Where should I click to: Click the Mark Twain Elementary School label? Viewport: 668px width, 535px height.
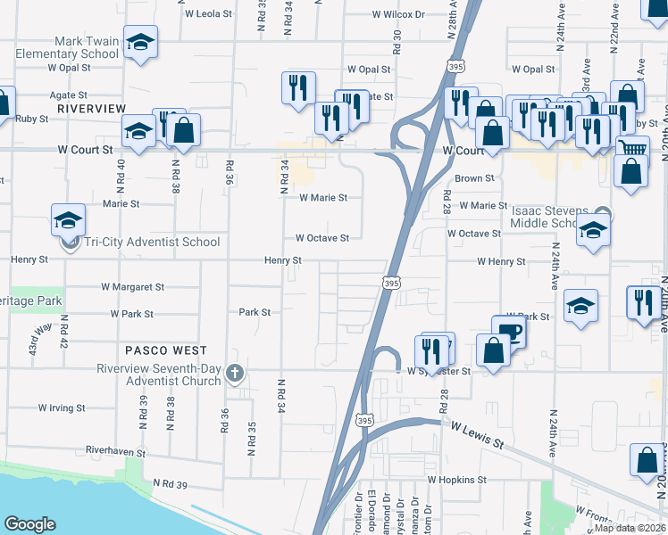click(x=67, y=47)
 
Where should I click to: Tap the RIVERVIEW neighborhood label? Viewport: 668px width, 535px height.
click(x=92, y=108)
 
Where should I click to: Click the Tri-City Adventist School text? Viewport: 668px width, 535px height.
click(x=151, y=242)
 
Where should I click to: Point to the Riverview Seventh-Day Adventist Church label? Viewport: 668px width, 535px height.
click(x=160, y=375)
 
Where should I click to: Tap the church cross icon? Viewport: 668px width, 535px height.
click(x=235, y=373)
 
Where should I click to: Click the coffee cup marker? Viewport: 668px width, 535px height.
click(x=509, y=331)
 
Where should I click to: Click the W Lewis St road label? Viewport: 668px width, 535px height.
click(x=478, y=436)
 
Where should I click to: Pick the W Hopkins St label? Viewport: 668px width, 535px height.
click(x=456, y=479)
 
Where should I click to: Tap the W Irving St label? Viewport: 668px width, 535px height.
click(x=62, y=407)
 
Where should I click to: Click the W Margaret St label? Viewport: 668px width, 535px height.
click(x=133, y=287)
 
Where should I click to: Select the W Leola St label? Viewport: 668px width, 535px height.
click(x=208, y=14)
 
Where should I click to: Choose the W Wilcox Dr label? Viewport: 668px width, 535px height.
click(x=399, y=14)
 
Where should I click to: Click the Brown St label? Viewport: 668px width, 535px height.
click(x=474, y=178)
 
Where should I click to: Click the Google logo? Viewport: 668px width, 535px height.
click(x=29, y=524)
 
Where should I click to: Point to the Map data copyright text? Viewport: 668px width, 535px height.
click(x=630, y=528)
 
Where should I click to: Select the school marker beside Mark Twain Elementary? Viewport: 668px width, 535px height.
click(x=140, y=45)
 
